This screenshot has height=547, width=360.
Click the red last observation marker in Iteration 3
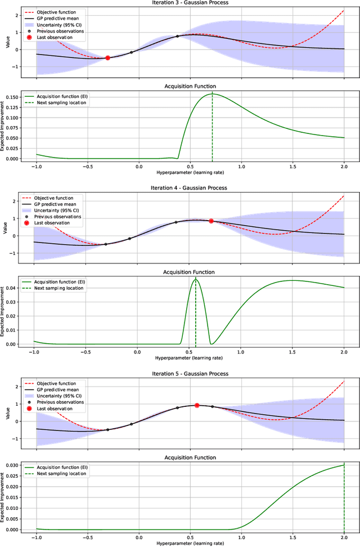point(107,58)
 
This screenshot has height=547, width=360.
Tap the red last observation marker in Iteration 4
point(211,221)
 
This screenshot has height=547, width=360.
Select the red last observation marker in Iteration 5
point(197,405)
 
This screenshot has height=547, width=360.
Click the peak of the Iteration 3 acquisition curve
point(212,93)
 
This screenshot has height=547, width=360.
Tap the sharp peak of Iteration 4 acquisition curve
point(195,279)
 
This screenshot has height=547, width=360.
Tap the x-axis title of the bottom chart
point(188,543)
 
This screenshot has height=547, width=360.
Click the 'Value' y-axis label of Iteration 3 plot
point(6,41)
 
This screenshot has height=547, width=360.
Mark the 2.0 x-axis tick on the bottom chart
point(343,536)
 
